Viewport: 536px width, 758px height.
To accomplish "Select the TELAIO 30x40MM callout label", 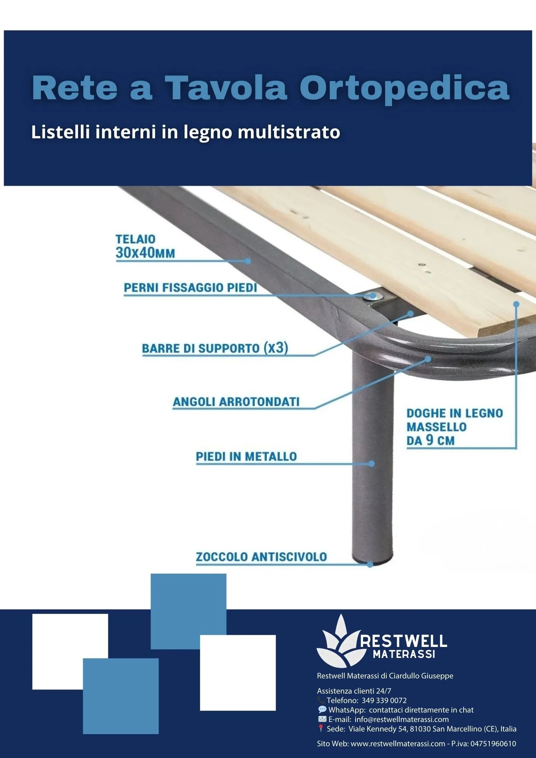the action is (145, 246).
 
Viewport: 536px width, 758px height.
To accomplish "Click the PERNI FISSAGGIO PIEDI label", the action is (191, 288).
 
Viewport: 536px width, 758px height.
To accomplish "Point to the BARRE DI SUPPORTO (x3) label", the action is (215, 348).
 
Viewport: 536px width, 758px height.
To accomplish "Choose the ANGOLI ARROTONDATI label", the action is (236, 402).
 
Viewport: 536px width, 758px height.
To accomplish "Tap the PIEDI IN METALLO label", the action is (246, 457).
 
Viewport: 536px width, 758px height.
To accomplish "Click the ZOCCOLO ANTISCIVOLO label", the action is (261, 557).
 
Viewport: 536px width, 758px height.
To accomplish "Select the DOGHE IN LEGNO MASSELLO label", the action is (455, 427).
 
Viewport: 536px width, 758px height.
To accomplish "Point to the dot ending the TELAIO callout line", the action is (248, 261).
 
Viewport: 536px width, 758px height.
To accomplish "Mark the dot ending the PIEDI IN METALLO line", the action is (372, 464).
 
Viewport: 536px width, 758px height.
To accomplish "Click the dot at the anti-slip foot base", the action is (370, 565).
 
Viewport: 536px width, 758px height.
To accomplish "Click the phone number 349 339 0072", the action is (384, 700).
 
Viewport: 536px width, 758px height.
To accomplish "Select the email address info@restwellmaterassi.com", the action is (402, 719).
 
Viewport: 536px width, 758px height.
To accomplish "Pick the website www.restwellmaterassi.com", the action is (398, 744).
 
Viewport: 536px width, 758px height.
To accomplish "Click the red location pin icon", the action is (321, 728).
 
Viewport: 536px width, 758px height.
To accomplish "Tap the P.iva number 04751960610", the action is (493, 744).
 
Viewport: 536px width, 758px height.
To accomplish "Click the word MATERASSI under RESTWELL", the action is (404, 654).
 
